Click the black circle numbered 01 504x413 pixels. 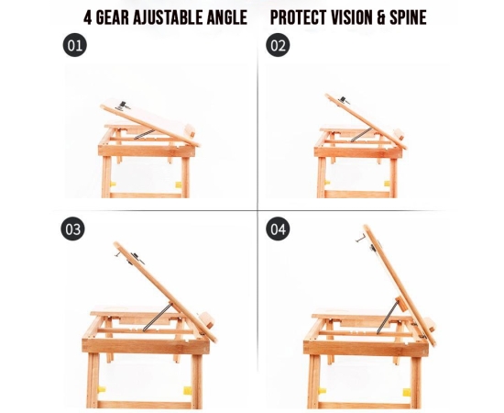coord(74,45)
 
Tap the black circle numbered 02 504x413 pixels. coord(278,45)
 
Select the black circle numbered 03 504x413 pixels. coord(73,229)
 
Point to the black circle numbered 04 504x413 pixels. coord(278,229)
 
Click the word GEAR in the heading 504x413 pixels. coord(113,17)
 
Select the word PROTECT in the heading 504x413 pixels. coord(296,17)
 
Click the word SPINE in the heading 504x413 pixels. coord(408,17)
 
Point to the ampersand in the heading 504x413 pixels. coord(381,17)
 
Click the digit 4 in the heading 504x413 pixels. coord(88,17)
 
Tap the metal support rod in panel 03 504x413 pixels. coord(158,317)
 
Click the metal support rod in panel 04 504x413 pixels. coord(388,316)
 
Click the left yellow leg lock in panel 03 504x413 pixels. coord(101,389)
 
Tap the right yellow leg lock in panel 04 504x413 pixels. coord(407,393)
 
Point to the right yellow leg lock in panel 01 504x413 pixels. coord(178,184)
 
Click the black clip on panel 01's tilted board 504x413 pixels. coord(123,105)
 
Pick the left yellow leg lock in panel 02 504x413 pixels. coord(327,183)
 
